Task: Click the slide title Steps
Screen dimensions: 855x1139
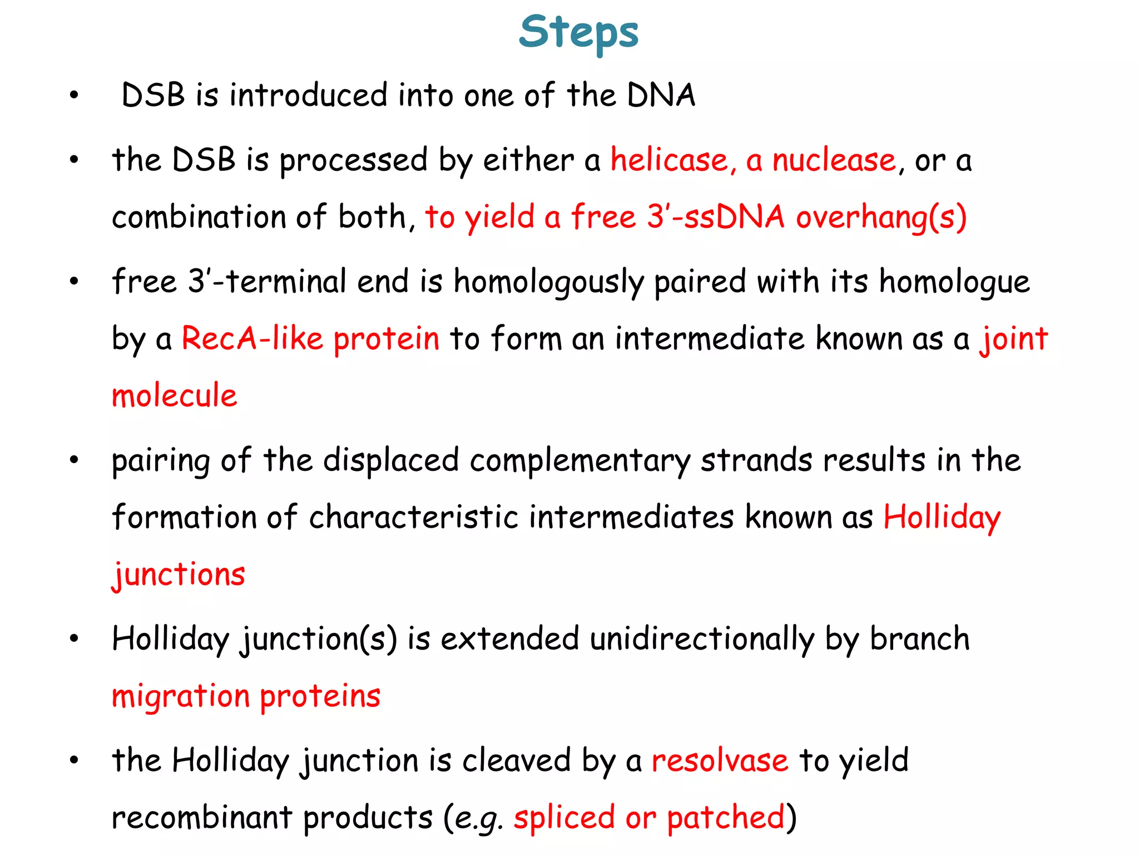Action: pyautogui.click(x=578, y=32)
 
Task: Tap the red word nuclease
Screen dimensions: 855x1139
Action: pyautogui.click(x=834, y=160)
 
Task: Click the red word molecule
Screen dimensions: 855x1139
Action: pyautogui.click(x=175, y=396)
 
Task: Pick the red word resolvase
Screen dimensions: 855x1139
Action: pyautogui.click(x=720, y=760)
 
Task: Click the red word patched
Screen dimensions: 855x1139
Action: pyautogui.click(x=725, y=818)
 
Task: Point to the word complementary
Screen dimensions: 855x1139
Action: pyautogui.click(x=580, y=461)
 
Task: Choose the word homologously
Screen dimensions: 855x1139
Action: pyautogui.click(x=548, y=282)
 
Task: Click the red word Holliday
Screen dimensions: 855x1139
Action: pyautogui.click(x=942, y=518)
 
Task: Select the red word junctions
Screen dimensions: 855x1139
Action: pyautogui.click(x=179, y=574)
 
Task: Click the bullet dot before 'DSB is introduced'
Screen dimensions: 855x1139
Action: pyautogui.click(x=74, y=95)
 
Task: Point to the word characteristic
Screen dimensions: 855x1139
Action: pyautogui.click(x=414, y=518)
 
